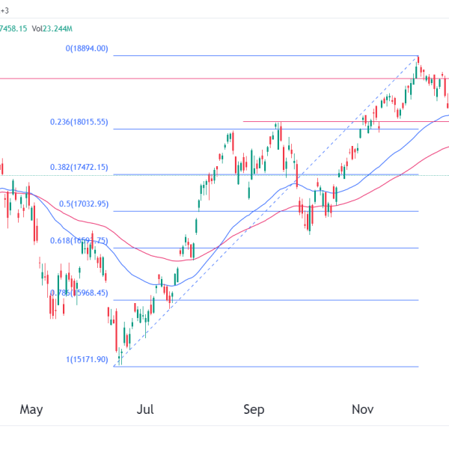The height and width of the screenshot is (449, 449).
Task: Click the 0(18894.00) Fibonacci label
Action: (x=88, y=49)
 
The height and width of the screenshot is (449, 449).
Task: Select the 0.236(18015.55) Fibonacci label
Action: (x=79, y=122)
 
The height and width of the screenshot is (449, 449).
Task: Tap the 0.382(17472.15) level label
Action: (x=79, y=168)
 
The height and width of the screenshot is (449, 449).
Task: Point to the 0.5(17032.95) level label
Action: (x=85, y=204)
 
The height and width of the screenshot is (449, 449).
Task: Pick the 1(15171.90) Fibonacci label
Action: (x=88, y=360)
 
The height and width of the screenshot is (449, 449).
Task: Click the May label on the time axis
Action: (x=31, y=409)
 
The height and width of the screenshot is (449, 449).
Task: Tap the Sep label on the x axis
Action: (x=254, y=409)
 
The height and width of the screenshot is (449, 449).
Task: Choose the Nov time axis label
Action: (x=363, y=409)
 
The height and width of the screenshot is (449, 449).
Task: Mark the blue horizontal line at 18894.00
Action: (x=262, y=55)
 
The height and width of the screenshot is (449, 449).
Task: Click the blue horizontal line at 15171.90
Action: (x=262, y=367)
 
